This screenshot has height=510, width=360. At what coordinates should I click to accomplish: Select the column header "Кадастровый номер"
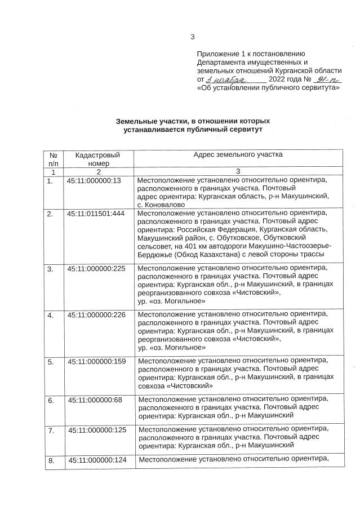click(97, 158)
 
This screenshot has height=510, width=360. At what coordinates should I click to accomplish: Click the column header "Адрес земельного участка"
click(238, 154)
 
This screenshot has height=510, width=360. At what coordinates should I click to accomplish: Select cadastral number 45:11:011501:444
click(99, 214)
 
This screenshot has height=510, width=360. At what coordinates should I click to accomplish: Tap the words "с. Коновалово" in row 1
click(161, 205)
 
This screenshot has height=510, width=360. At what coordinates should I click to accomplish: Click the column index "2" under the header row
click(98, 171)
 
